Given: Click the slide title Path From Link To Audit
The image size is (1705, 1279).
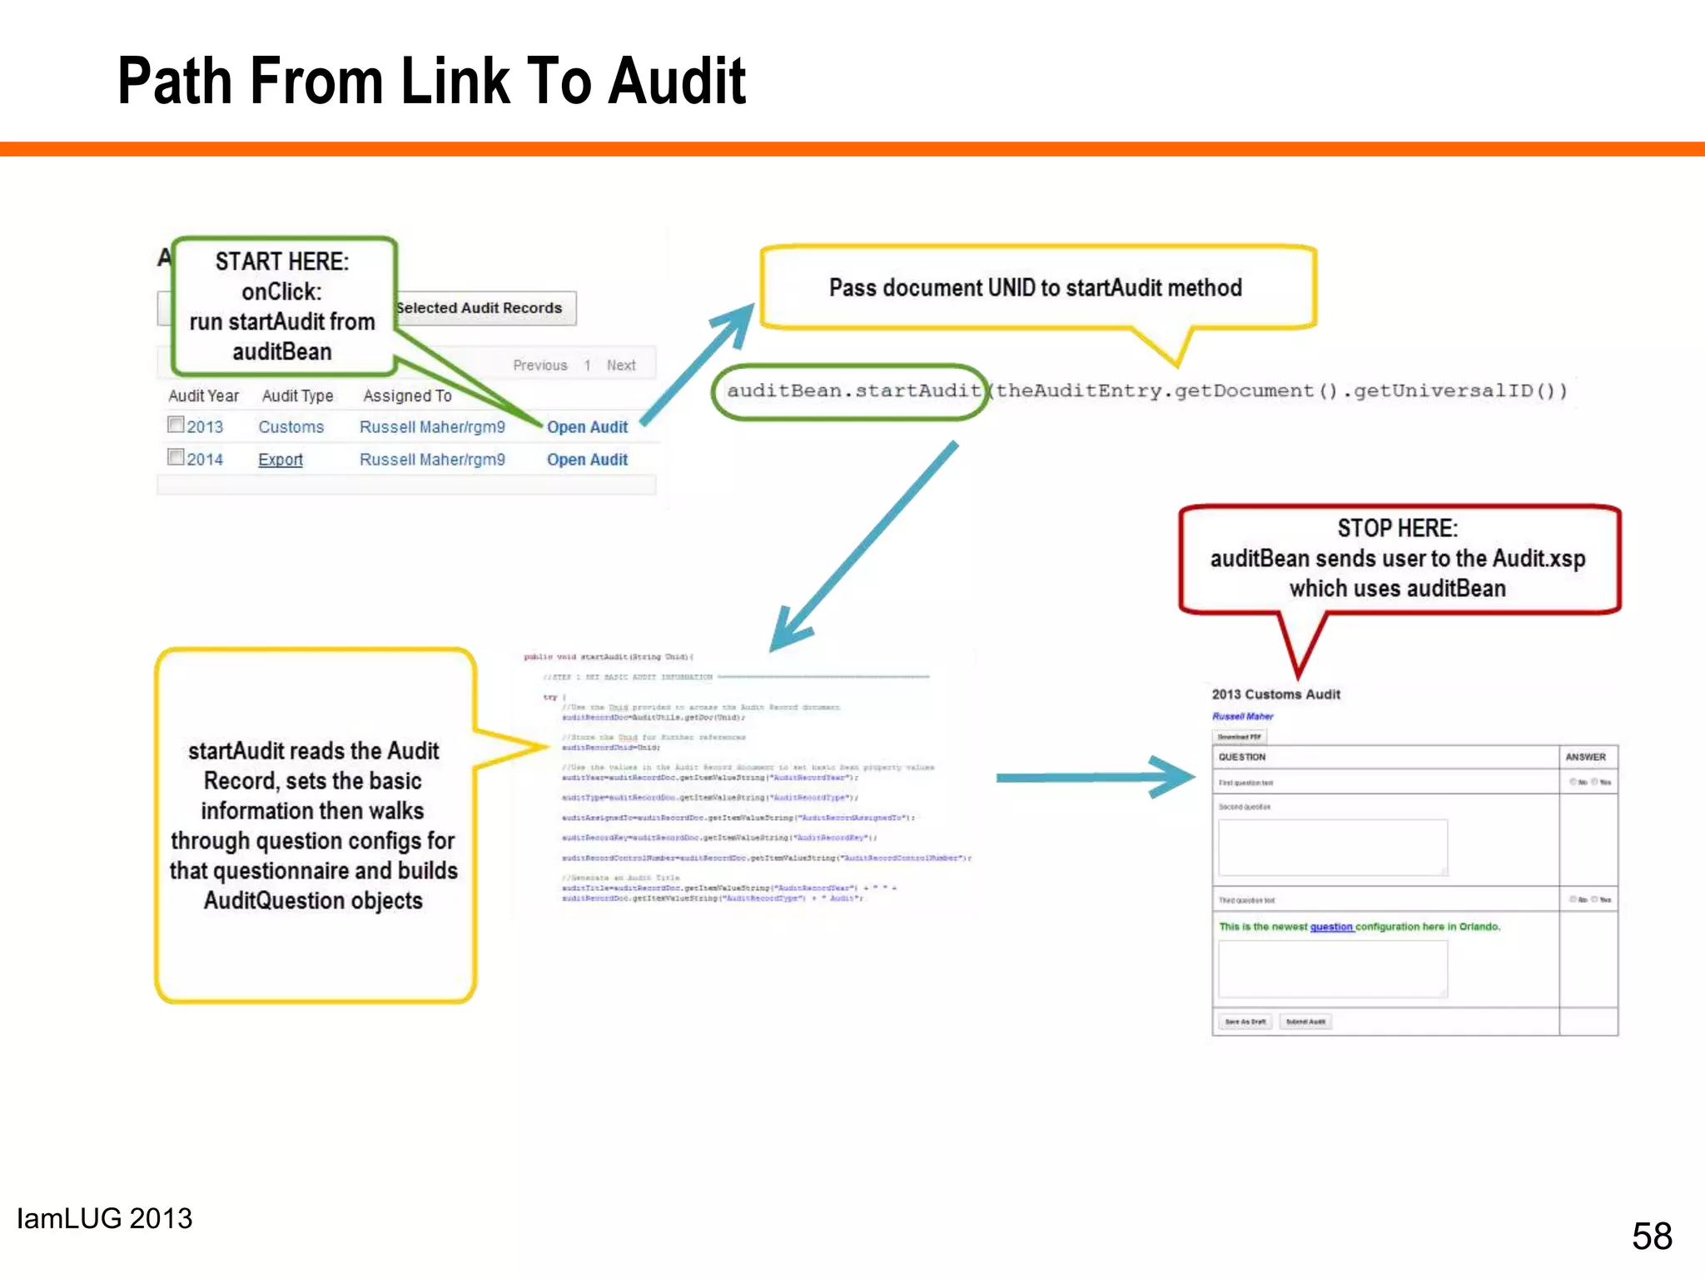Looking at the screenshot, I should pos(431,81).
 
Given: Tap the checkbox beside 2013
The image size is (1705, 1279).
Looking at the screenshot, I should pos(176,425).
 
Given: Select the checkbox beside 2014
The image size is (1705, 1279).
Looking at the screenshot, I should pos(176,457).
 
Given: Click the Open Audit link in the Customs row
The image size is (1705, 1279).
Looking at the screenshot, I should pos(587,427).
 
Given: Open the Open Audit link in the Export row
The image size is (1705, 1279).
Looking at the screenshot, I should pos(587,460).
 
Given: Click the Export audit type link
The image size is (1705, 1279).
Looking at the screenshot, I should pos(281,460).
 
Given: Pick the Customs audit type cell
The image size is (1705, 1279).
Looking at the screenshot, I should pos(291,427).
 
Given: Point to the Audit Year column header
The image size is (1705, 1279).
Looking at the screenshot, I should pos(203,396).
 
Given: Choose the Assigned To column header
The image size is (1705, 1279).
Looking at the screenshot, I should pos(407,396).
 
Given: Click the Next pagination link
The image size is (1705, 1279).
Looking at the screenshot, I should pos(621,366).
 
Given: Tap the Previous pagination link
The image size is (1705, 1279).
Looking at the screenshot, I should pos(539,366).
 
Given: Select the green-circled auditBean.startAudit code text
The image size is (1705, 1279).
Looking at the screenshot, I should pos(851,391).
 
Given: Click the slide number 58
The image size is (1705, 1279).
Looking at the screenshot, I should pos(1652,1236).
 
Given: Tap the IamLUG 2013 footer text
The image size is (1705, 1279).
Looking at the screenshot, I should pos(105,1219).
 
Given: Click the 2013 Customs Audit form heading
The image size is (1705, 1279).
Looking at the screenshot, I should pos(1275,694).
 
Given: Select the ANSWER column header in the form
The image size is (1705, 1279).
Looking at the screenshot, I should pos(1585,757).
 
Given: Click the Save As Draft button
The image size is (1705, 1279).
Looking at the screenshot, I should pos(1245,1022).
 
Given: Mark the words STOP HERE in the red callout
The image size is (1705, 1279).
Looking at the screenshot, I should pos(1397,529).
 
